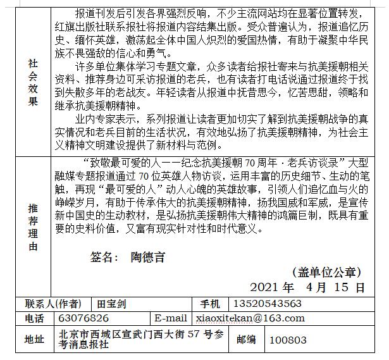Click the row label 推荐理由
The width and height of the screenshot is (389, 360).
click(x=33, y=227)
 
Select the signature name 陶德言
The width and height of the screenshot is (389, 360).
click(x=147, y=258)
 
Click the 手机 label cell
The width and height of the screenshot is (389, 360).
click(x=210, y=304)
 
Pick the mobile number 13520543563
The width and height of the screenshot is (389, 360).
click(x=265, y=304)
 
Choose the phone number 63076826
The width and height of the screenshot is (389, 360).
click(x=82, y=318)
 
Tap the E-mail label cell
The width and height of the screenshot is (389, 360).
click(x=170, y=318)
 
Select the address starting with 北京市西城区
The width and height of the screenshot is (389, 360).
click(x=140, y=339)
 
